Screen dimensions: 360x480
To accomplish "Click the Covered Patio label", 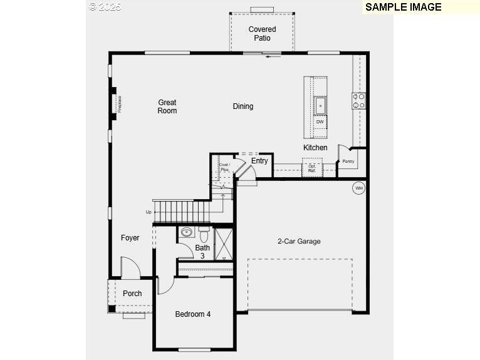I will click(x=262, y=33).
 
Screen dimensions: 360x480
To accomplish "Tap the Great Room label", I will click(x=167, y=106).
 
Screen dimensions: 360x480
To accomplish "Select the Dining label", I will click(x=243, y=106).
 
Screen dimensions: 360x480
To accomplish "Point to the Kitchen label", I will click(x=315, y=148).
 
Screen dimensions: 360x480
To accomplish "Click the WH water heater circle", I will click(x=359, y=188).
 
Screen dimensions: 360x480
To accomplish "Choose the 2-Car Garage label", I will click(x=299, y=241).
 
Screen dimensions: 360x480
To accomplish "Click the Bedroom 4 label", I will click(x=192, y=314).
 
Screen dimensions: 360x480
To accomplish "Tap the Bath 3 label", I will click(x=202, y=252).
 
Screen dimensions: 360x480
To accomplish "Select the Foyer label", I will click(x=130, y=238).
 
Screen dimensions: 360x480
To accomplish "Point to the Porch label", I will click(x=132, y=294).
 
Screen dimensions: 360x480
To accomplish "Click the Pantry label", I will click(x=348, y=162).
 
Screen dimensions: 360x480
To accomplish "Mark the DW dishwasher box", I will click(x=320, y=121).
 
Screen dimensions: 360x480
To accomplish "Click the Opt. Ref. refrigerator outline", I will click(x=312, y=168).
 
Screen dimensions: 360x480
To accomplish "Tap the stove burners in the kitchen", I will click(x=359, y=101).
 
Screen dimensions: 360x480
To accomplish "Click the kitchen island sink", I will click(x=320, y=105).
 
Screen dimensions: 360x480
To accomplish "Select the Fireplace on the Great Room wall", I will click(x=116, y=104).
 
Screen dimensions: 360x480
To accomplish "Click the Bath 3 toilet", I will click(x=204, y=235).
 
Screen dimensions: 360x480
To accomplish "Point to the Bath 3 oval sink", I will click(x=186, y=232).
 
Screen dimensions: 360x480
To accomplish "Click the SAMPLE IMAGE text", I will click(x=403, y=8).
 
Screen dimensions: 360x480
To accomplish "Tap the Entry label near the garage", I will click(x=259, y=161).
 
